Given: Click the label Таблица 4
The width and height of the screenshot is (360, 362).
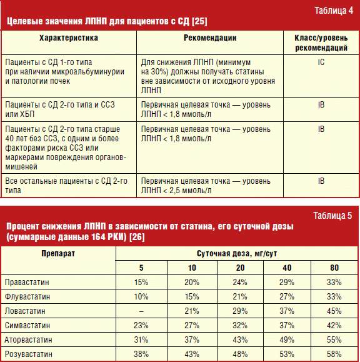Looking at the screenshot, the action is (x=334, y=11).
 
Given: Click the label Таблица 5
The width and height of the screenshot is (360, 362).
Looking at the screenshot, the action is (x=332, y=216).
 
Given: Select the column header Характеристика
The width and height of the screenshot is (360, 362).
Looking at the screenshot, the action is (x=69, y=38).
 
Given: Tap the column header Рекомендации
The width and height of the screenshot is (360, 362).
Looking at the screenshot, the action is (x=210, y=38).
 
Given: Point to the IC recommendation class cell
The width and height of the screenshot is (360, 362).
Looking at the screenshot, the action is (x=321, y=62).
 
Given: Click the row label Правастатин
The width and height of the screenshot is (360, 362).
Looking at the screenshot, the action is (x=27, y=282).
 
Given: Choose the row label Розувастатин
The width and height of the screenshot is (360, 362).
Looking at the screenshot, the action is (x=28, y=354).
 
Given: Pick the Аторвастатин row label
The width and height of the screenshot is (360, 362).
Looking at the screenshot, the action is (x=28, y=340).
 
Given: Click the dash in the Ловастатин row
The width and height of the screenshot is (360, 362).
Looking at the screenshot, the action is (x=141, y=311).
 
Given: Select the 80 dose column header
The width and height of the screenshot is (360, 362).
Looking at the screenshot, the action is (x=334, y=268).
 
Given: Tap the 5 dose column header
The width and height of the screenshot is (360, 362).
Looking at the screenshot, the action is (x=141, y=268).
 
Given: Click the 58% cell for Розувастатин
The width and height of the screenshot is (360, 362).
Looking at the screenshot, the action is (x=334, y=354).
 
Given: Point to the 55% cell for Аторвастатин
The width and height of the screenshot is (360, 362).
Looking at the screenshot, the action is (x=334, y=340).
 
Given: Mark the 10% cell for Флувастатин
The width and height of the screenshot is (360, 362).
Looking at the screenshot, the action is (x=141, y=296).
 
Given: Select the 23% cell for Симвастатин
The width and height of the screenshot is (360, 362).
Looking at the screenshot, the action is (x=141, y=325).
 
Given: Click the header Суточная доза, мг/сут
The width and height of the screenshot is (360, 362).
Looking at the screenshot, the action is (x=237, y=254).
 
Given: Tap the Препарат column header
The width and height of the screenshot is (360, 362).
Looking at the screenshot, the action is (x=58, y=253).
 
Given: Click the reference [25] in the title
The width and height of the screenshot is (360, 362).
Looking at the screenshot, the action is (x=199, y=21).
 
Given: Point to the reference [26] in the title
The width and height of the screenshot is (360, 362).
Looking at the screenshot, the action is (x=137, y=237).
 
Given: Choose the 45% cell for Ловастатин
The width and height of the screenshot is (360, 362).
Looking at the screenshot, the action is (x=334, y=311).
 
